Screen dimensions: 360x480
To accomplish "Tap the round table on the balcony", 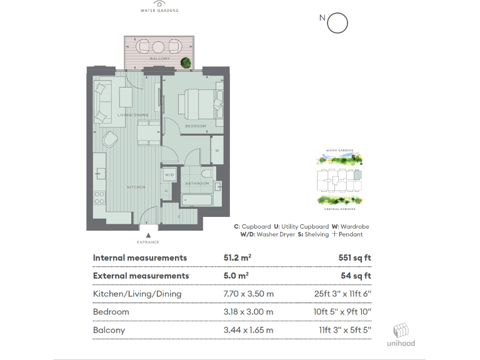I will pyautogui.click(x=158, y=46).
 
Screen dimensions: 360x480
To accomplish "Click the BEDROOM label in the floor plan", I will pyautogui.click(x=196, y=126).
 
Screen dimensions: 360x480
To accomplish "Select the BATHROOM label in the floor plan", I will pyautogui.click(x=197, y=183).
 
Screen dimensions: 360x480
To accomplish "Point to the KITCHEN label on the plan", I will pyautogui.click(x=136, y=187).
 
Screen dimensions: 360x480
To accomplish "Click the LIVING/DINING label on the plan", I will pyautogui.click(x=133, y=115).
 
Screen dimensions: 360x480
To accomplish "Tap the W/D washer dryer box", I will pyautogui.click(x=169, y=175).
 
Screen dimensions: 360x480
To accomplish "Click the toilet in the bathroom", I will pyautogui.click(x=209, y=173).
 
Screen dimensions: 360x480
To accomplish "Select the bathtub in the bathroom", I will pyautogui.click(x=196, y=200).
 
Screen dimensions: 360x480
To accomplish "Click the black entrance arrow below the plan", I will pyautogui.click(x=147, y=232).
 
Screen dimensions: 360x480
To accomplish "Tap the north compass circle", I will pyautogui.click(x=337, y=23).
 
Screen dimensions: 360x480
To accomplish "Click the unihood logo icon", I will pyautogui.click(x=401, y=329).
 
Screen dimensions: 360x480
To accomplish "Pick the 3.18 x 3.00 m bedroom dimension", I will pyautogui.click(x=248, y=312).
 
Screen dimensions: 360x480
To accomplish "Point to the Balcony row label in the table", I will pyautogui.click(x=109, y=330).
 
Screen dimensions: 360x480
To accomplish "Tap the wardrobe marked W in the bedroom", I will pyautogui.click(x=216, y=151).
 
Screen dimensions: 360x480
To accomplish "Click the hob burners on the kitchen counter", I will pyautogui.click(x=99, y=197).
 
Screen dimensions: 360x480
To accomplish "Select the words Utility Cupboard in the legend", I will pyautogui.click(x=304, y=226).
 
